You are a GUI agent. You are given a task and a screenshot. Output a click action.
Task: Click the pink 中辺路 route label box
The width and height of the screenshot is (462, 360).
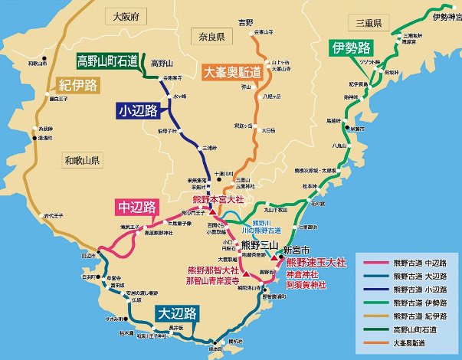point(136,207)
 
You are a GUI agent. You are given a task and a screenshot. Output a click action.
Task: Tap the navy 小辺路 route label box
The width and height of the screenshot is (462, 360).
point(138,111)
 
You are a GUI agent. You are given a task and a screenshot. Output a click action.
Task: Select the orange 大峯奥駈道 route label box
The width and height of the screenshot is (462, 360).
point(232,73)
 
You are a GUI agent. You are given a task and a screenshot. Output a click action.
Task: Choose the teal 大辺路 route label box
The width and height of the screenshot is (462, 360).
point(176,313)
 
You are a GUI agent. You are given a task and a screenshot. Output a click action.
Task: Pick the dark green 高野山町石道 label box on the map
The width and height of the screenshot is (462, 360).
point(107,61)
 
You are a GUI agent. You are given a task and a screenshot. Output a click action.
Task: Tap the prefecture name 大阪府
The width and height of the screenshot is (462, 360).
point(126,16)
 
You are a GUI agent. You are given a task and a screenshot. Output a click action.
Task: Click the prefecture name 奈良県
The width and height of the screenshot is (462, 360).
point(208,37)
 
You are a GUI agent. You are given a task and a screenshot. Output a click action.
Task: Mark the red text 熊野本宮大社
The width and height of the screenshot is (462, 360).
point(218,199)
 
